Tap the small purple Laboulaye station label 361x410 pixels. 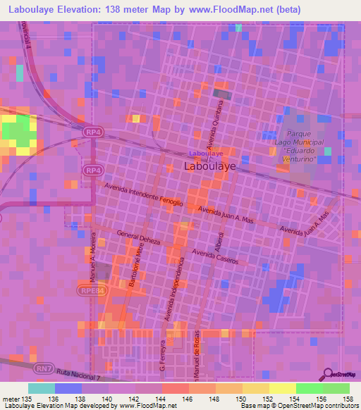[206, 153]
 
